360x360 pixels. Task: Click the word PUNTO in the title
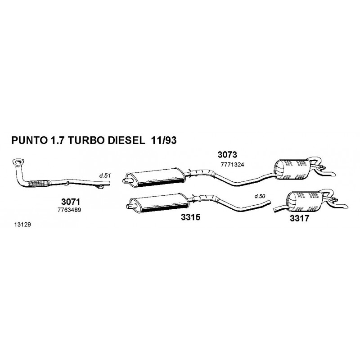(x=29, y=140)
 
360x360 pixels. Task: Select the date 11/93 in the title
(x=163, y=140)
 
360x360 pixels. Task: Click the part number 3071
(x=71, y=202)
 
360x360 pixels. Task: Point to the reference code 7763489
(x=69, y=210)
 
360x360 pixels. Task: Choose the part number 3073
(x=227, y=155)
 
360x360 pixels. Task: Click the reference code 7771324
(x=232, y=165)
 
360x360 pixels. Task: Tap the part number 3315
(x=190, y=217)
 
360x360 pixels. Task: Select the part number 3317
(x=299, y=218)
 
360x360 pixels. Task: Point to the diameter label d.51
(x=105, y=176)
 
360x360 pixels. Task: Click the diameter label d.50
(x=260, y=196)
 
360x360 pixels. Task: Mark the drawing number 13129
(x=22, y=225)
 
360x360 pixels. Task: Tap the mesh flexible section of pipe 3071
(x=39, y=183)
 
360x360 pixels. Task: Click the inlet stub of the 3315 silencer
(x=129, y=206)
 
